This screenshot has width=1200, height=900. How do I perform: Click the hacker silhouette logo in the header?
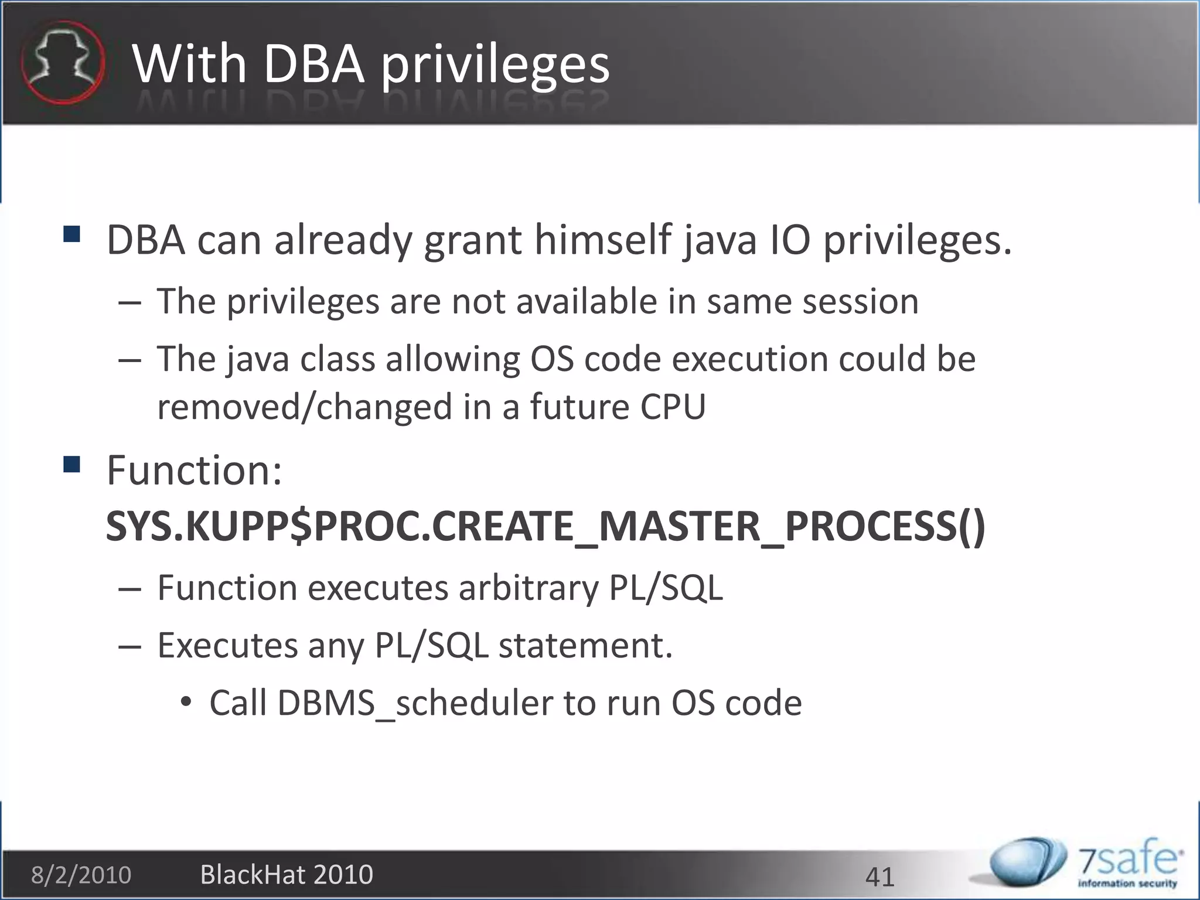point(63,62)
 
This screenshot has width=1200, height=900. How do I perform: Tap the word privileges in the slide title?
point(495,66)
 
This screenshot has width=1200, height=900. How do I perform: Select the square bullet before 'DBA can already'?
point(72,235)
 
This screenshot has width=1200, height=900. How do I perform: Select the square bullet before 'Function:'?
point(72,465)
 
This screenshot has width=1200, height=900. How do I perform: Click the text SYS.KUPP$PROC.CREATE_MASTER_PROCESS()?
point(545,526)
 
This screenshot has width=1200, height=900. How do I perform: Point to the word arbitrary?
point(529,588)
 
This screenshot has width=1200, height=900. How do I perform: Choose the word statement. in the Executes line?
point(585,645)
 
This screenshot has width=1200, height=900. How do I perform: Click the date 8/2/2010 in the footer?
point(81,875)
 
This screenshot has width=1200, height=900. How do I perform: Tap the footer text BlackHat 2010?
point(287,874)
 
